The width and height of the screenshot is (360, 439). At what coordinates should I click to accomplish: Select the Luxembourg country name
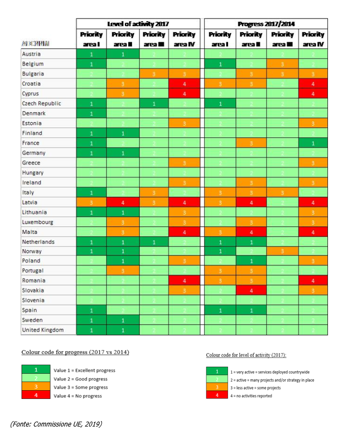click(x=38, y=221)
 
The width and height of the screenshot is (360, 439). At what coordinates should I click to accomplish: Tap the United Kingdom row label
click(x=42, y=330)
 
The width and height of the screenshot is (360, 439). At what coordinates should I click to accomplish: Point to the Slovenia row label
click(x=34, y=300)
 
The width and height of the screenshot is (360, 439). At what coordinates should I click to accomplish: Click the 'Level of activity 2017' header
click(x=138, y=24)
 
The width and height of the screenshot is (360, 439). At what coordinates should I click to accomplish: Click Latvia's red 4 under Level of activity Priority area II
click(x=123, y=202)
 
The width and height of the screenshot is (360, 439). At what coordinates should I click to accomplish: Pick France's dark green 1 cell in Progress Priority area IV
click(x=312, y=143)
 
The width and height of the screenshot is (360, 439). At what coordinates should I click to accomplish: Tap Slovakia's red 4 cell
click(x=250, y=290)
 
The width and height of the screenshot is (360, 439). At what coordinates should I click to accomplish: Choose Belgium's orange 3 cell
click(x=281, y=63)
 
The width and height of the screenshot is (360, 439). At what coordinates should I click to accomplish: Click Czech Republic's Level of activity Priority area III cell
click(x=154, y=103)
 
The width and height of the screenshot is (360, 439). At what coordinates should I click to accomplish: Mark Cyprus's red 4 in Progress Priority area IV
click(x=312, y=93)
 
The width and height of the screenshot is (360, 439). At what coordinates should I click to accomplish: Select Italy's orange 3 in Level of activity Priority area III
click(x=154, y=192)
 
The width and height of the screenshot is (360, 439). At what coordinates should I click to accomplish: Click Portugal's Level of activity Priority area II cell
click(x=123, y=271)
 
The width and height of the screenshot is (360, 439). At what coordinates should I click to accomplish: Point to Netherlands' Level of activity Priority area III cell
click(x=154, y=241)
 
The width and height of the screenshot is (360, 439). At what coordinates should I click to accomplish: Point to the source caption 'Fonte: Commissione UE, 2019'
click(x=56, y=423)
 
